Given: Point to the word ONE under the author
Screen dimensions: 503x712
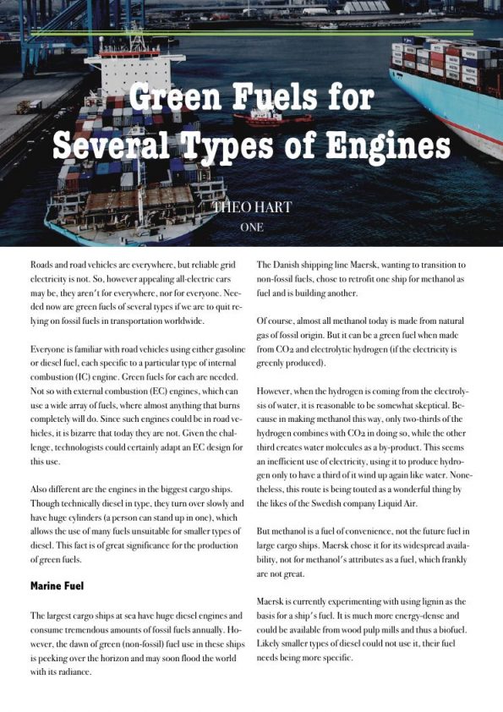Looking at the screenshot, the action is pos(252,227).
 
